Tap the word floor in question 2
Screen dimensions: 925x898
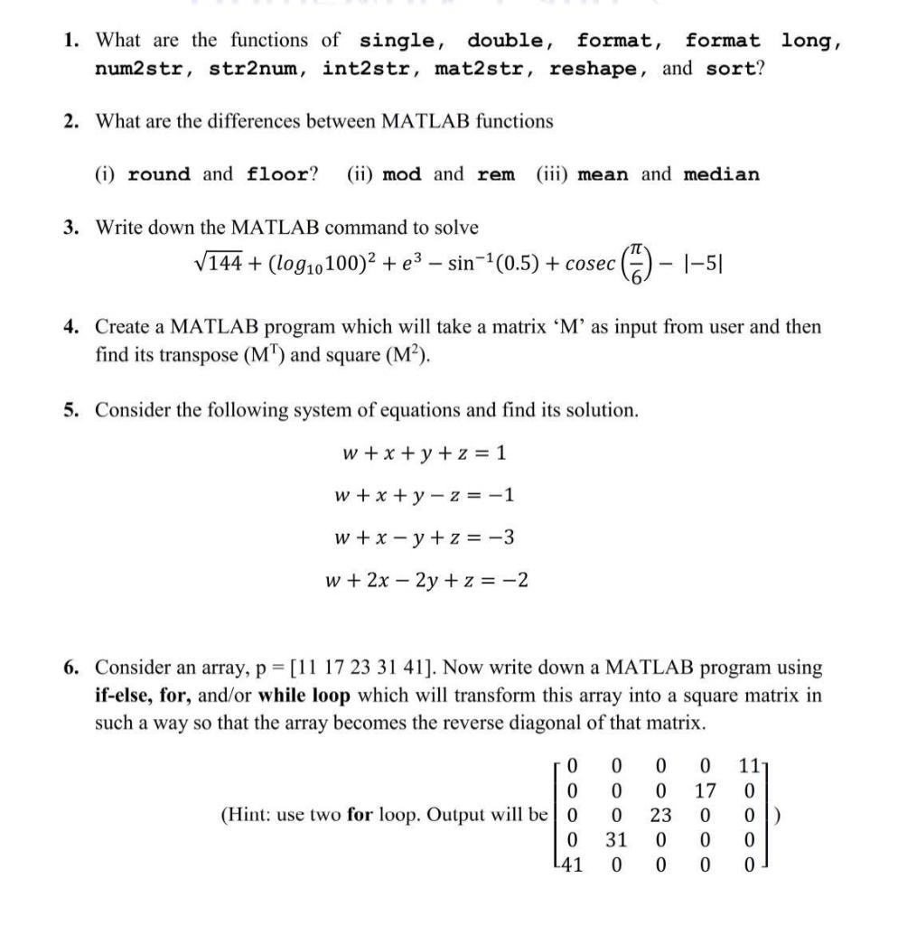click(280, 174)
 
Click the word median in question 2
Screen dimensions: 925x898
click(721, 174)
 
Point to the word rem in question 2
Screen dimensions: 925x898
click(495, 174)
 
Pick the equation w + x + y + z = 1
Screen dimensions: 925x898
click(419, 453)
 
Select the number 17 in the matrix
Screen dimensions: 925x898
click(706, 791)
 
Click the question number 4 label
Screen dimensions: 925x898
click(70, 326)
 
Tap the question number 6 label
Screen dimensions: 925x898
click(70, 668)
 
